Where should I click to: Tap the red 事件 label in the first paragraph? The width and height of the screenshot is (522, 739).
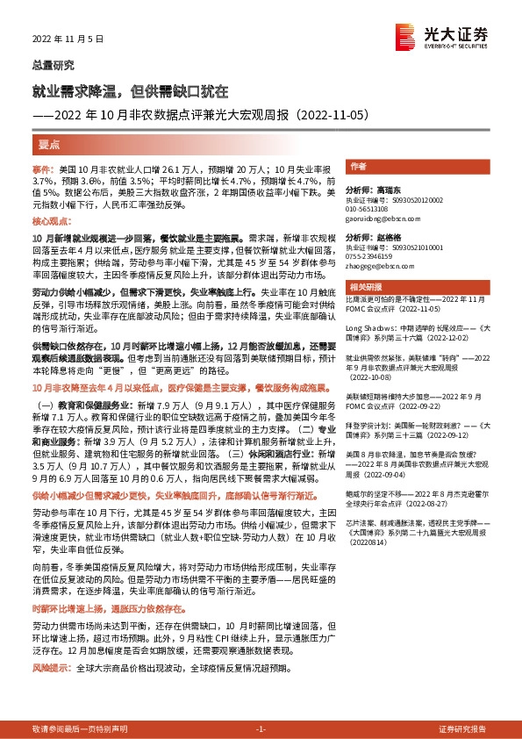coord(43,168)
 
